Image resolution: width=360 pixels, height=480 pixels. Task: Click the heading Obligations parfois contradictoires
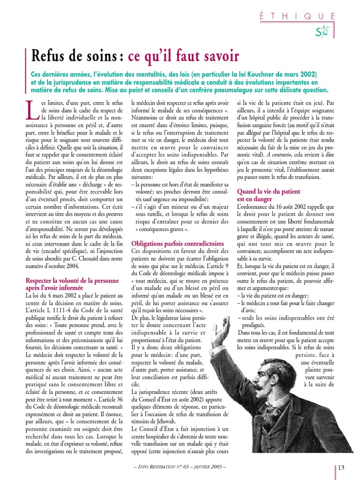pyautogui.click(x=177, y=244)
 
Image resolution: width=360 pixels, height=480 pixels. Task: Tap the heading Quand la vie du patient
pyautogui.click(x=268, y=192)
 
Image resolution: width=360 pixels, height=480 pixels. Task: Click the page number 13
pyautogui.click(x=341, y=467)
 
